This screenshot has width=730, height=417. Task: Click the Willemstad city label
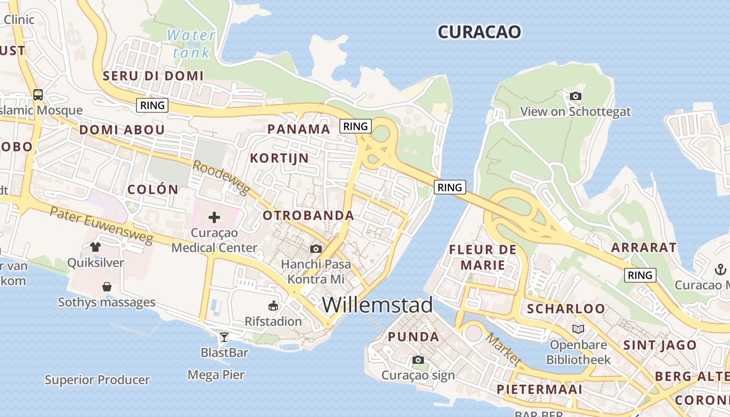[377, 305]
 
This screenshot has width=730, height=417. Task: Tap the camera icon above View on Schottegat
[576, 96]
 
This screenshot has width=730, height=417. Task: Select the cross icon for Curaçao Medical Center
[214, 217]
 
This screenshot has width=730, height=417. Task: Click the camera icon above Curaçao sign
[418, 360]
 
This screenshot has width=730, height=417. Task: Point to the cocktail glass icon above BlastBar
[224, 337]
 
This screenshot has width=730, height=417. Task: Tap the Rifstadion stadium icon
[273, 305]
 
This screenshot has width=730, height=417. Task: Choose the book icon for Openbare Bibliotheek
[578, 329]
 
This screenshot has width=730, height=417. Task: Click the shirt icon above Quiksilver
[95, 247]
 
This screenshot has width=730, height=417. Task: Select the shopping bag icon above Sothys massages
[107, 287]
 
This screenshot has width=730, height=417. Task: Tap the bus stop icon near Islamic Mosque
[38, 95]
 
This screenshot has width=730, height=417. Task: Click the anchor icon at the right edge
[720, 269]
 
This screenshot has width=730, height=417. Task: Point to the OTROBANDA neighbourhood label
[308, 215]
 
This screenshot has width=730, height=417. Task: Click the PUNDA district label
[413, 337]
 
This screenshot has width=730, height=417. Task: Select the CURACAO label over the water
[479, 32]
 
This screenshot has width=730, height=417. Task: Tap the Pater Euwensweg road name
[102, 225]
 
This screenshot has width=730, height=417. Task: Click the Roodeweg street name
[221, 178]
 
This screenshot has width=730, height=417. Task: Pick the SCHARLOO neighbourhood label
[566, 309]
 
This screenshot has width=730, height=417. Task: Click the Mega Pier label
[216, 374]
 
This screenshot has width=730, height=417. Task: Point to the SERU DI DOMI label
[153, 76]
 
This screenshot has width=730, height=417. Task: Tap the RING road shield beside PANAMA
[356, 126]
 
